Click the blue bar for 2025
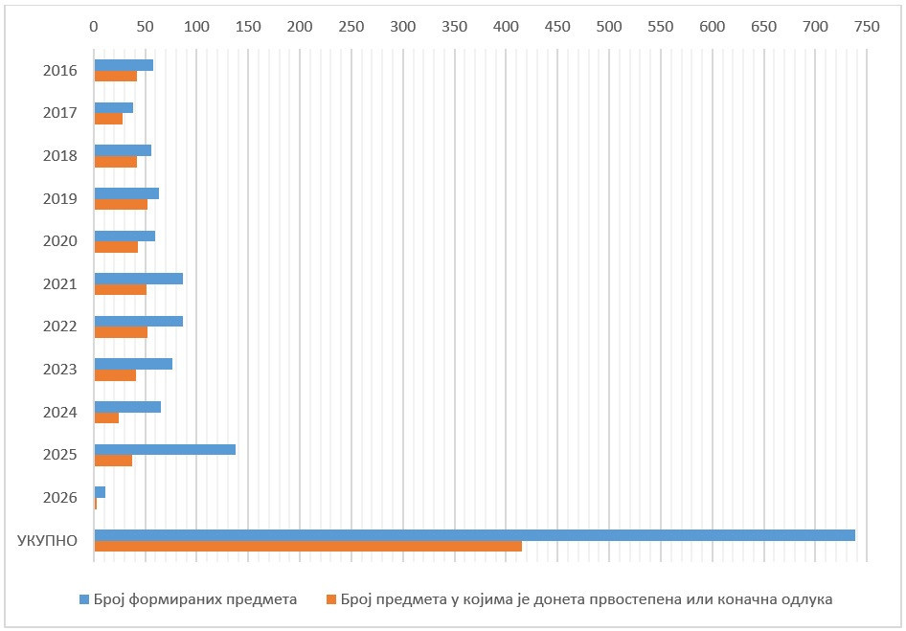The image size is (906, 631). click(x=165, y=449)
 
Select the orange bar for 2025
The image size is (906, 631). click(x=113, y=461)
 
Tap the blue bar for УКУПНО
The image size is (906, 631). click(x=474, y=534)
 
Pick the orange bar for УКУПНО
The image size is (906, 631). click(x=307, y=546)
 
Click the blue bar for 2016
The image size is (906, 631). click(x=124, y=65)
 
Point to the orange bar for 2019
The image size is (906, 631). click(x=121, y=204)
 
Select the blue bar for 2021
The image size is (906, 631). click(x=138, y=279)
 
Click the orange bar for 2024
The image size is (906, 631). click(x=106, y=417)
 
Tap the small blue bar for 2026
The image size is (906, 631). click(x=100, y=492)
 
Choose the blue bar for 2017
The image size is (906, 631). click(x=113, y=107)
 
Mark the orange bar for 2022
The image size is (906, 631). click(x=121, y=332)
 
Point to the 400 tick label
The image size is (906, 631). click(x=506, y=27)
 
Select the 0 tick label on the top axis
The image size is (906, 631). click(x=94, y=27)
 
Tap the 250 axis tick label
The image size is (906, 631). click(x=351, y=27)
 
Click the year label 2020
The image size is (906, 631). click(x=59, y=241)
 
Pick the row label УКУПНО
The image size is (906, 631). click(x=47, y=540)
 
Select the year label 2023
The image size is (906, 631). click(x=59, y=370)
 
